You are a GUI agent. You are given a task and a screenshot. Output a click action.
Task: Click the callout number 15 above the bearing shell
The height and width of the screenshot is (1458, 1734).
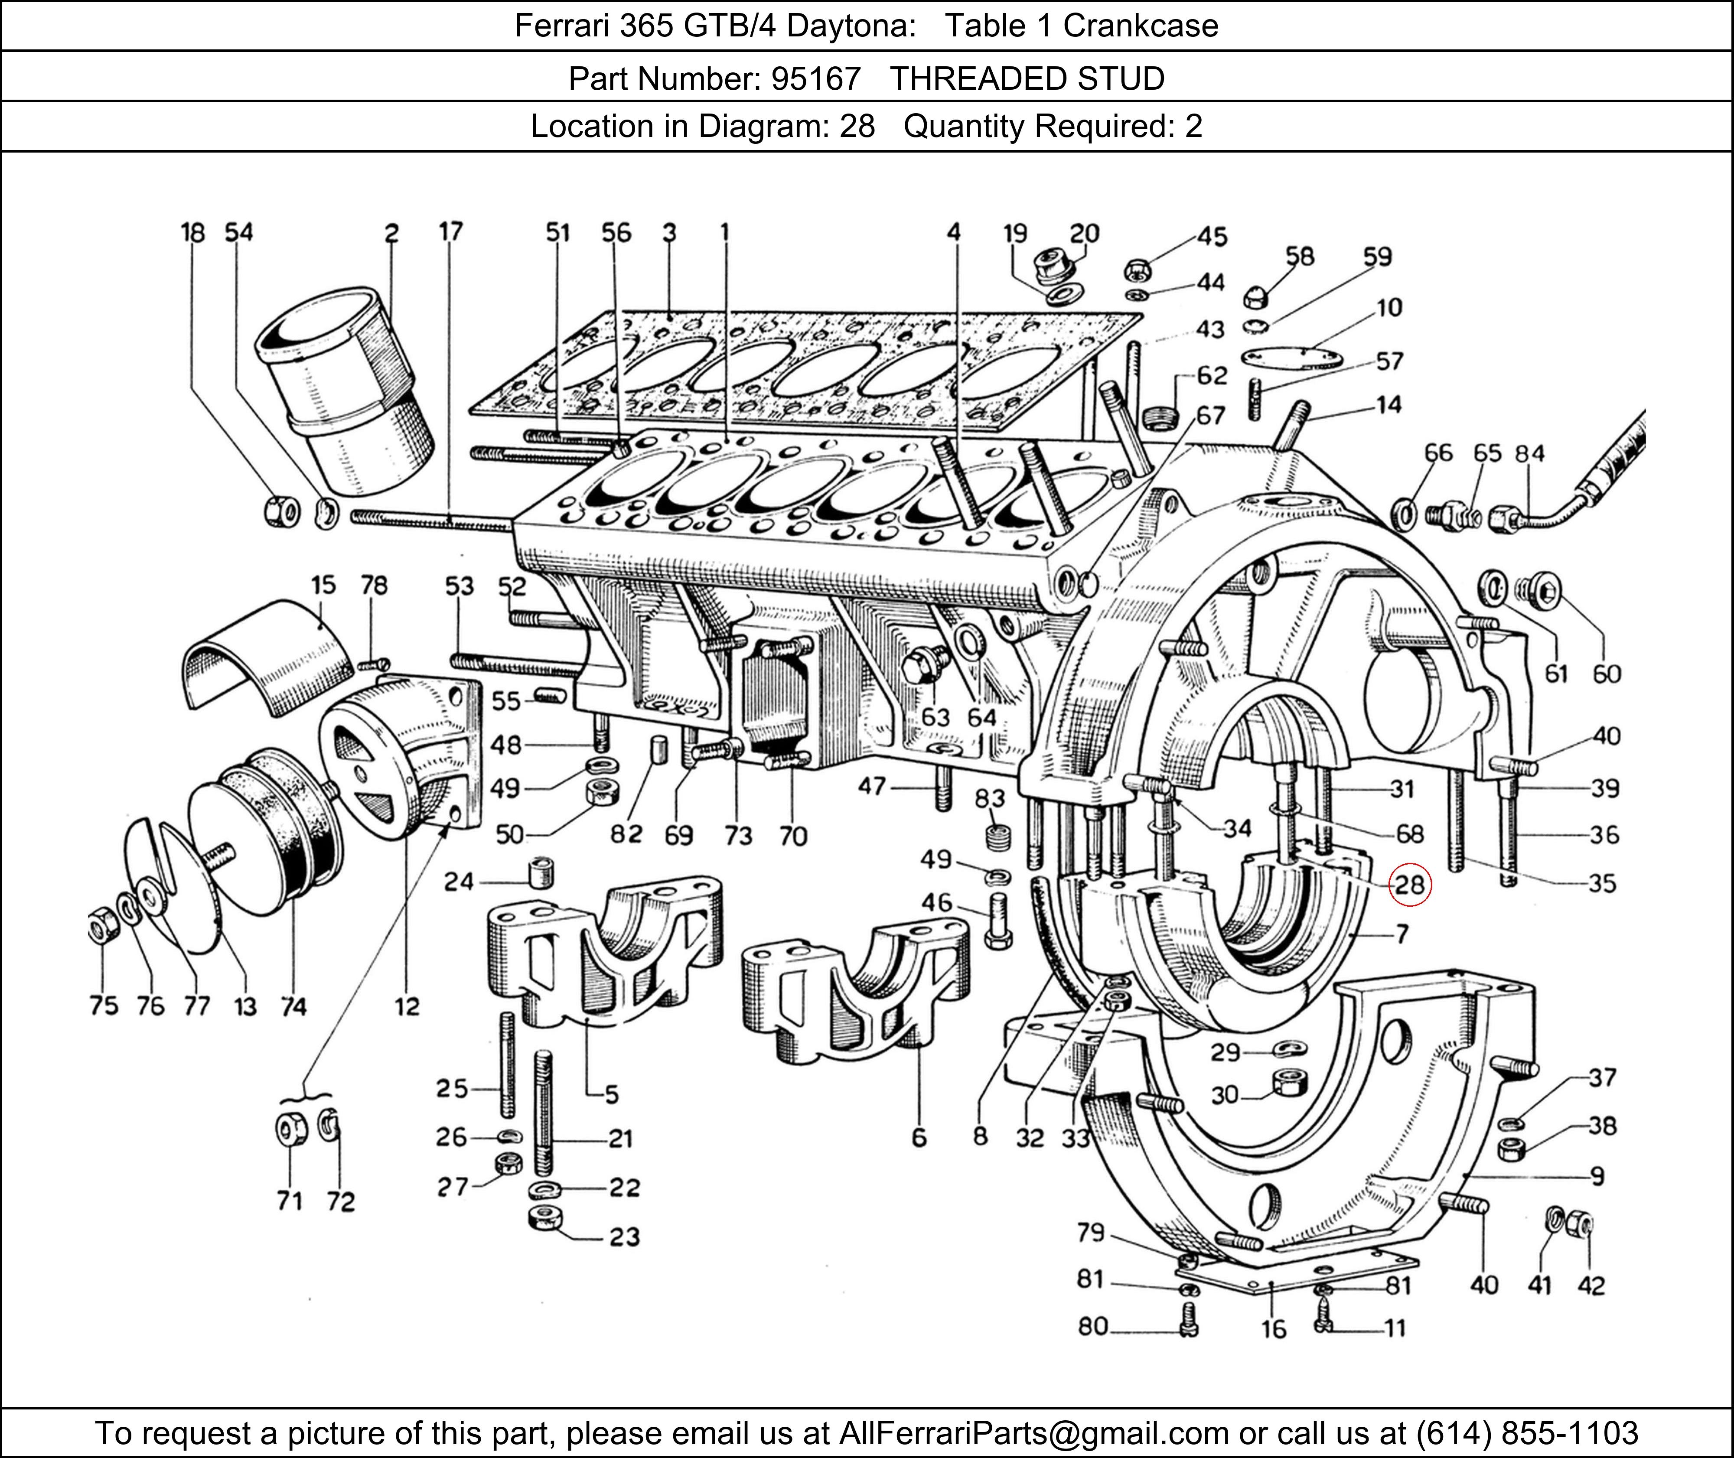[x=323, y=585]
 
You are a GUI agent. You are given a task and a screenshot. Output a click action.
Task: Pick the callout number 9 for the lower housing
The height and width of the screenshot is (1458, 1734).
[x=1597, y=1175]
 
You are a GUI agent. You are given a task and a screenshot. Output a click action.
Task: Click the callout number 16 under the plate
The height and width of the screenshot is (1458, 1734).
[x=1274, y=1329]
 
